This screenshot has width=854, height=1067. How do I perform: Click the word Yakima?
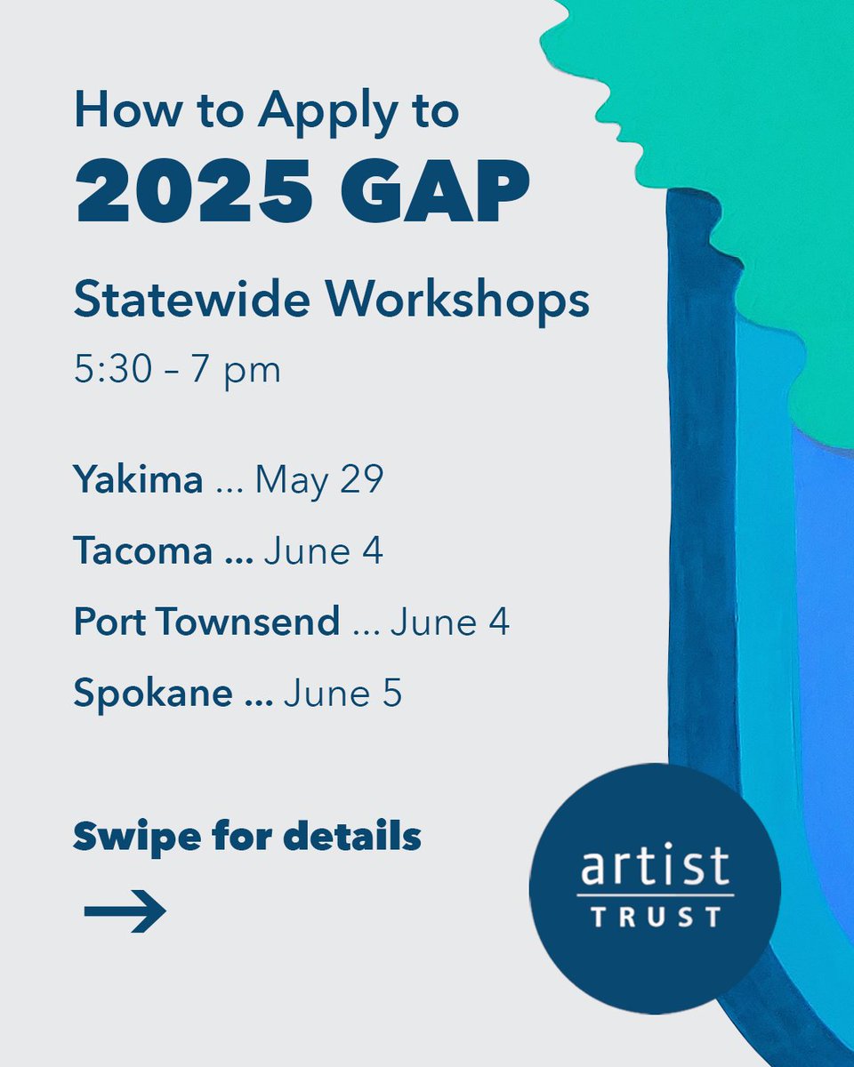click(x=138, y=481)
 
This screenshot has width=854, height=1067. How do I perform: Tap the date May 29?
click(x=318, y=481)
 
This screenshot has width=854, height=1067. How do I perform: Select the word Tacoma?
click(x=142, y=551)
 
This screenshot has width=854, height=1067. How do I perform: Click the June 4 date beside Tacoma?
click(x=323, y=551)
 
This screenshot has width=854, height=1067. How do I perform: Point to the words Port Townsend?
click(x=206, y=622)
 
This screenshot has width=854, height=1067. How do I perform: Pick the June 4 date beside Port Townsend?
click(x=449, y=622)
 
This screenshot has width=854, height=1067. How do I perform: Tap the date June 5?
click(x=342, y=694)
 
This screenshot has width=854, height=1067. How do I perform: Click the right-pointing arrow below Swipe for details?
click(x=125, y=911)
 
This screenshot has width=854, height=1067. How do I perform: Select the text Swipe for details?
click(x=246, y=837)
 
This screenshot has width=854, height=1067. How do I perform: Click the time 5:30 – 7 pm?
click(x=177, y=369)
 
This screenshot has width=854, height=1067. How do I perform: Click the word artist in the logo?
click(x=654, y=864)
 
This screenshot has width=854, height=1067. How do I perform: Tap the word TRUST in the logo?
click(x=655, y=917)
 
